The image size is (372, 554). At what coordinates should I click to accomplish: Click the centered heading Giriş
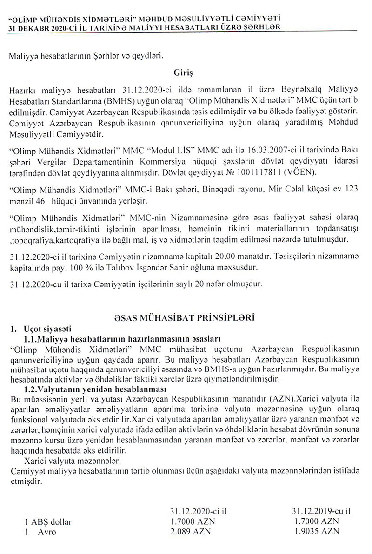(183, 73)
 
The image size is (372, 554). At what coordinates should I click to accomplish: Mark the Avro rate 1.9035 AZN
(316, 530)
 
